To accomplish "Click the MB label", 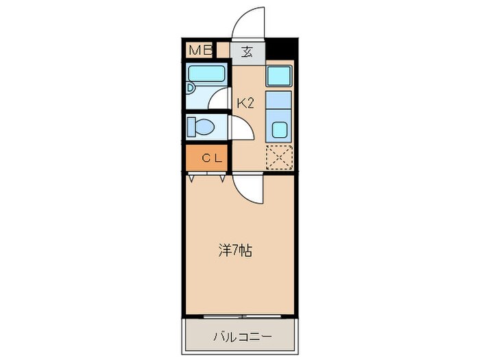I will [x=200, y=50].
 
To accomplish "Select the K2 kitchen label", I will [x=245, y=104].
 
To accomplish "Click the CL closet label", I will [x=209, y=158].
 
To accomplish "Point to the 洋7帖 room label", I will [x=235, y=250].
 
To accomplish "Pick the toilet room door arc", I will [x=240, y=128].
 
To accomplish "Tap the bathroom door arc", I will [x=221, y=99].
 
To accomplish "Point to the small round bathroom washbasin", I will [x=191, y=87].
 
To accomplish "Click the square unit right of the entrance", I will [x=279, y=75].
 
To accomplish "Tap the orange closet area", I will [x=209, y=158].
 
